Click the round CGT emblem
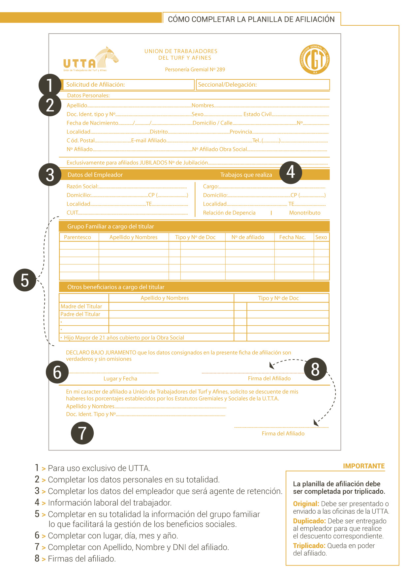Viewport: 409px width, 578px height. coord(315,59)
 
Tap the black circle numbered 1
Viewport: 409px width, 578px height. coord(50,85)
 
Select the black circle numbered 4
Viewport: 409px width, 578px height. coord(291,172)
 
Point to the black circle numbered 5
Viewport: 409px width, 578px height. coord(25,280)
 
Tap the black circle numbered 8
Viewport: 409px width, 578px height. coord(315,369)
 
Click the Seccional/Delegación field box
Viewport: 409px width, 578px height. coord(263,85)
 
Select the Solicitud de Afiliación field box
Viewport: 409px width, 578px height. coord(128,85)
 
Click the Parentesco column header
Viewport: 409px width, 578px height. coord(78,237)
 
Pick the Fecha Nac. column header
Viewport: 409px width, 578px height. coord(292,237)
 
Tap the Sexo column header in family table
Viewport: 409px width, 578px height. coord(321,237)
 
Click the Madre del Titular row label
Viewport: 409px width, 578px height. coord(81,306)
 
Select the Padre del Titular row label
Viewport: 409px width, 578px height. coord(80,314)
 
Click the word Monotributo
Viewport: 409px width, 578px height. coord(305,213)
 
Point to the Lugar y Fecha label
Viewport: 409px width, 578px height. coord(120,379)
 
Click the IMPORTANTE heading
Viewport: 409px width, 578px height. coord(364,466)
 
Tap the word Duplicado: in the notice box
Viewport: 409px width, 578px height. coord(309,521)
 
